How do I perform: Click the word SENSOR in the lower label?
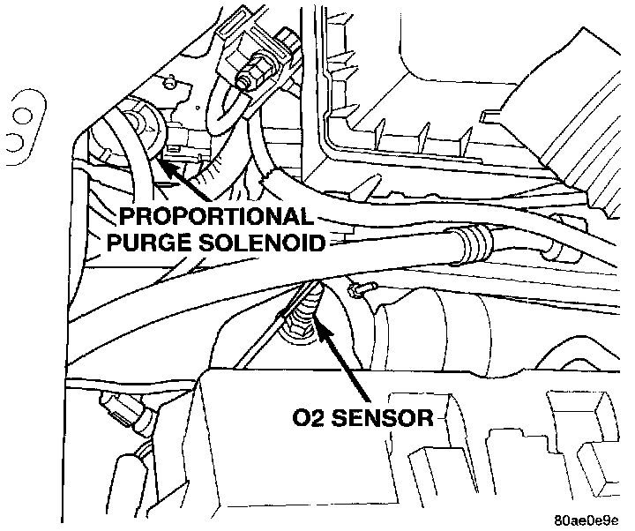pos(389,416)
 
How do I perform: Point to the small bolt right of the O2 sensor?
pos(361,288)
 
